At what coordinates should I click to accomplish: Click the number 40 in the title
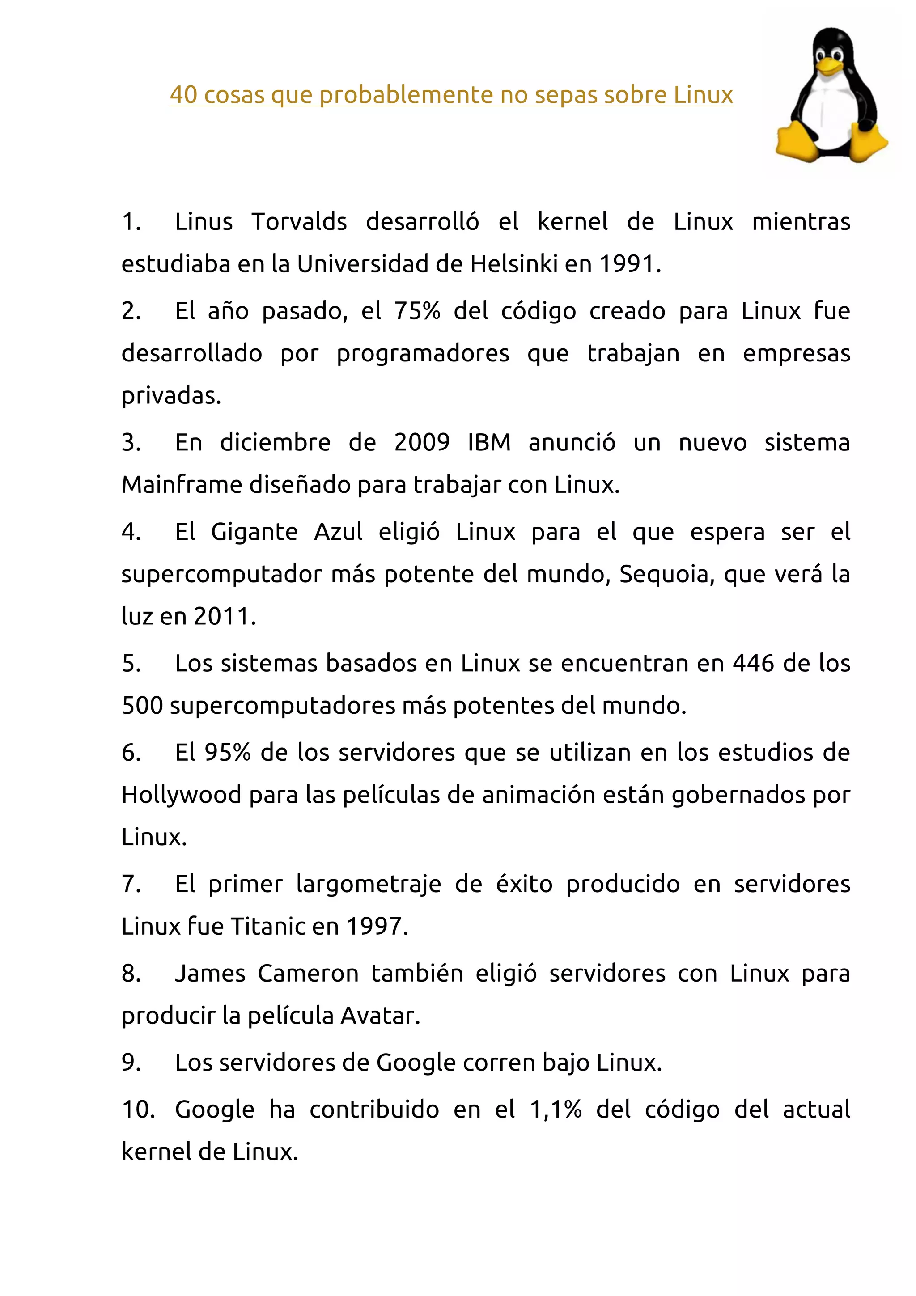pos(183,95)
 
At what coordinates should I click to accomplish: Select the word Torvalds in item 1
pos(299,222)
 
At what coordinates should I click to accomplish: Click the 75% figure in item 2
pos(417,311)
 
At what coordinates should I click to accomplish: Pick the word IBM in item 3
pos(489,443)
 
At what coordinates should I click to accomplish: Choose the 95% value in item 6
pos(228,753)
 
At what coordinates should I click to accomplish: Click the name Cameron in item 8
pos(308,974)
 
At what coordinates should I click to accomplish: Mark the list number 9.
pos(131,1063)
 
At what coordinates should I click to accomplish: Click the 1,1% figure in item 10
pos(556,1110)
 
